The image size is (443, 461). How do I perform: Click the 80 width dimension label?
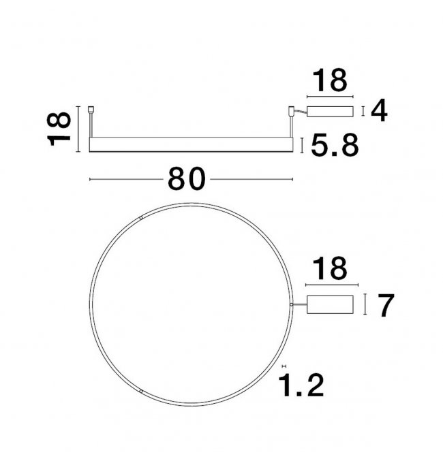(187, 178)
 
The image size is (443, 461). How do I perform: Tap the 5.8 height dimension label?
(335, 145)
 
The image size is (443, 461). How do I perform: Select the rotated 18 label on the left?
(59, 129)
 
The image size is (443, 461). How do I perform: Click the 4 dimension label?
(379, 111)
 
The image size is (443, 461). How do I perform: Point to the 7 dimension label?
(386, 306)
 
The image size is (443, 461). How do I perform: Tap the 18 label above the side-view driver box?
(330, 80)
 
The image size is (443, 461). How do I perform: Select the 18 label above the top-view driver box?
(330, 268)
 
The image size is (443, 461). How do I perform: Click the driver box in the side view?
(330, 112)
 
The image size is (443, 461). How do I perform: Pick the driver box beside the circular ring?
(330, 304)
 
